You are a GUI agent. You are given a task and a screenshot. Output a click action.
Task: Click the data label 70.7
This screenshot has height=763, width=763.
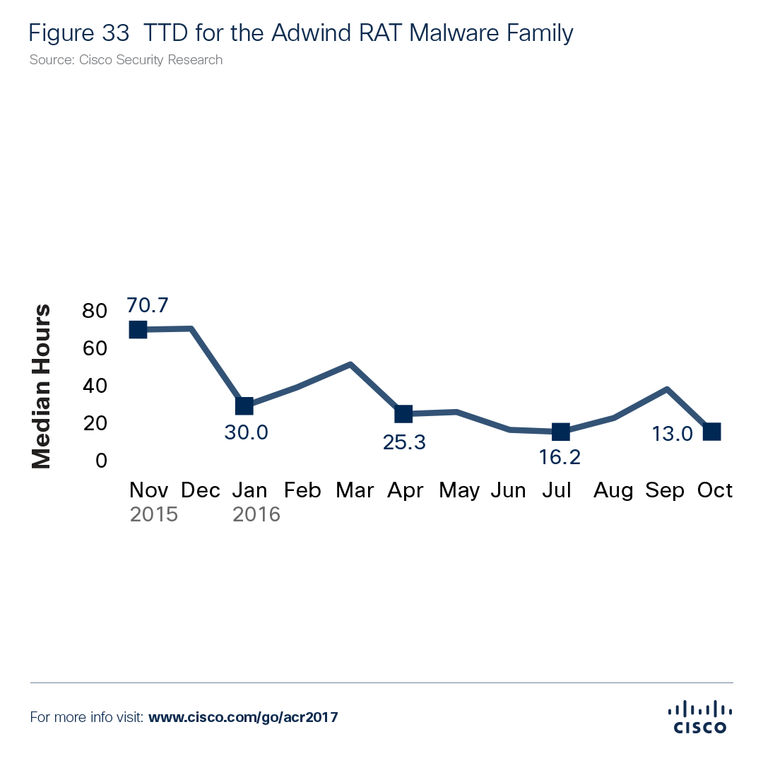[x=147, y=306]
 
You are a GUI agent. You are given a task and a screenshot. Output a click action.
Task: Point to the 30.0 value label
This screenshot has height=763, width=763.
[x=246, y=432]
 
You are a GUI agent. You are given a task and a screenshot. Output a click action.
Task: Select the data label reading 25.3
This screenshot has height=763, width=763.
[x=404, y=442]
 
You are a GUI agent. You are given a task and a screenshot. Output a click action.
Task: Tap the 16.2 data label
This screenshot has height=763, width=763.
[x=560, y=457]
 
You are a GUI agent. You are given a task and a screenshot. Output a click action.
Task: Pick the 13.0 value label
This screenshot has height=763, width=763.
[x=672, y=434]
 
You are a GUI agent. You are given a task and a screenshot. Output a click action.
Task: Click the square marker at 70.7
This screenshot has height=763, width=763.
[x=138, y=329]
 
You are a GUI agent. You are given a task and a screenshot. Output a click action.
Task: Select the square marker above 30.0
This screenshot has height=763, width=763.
[x=244, y=406]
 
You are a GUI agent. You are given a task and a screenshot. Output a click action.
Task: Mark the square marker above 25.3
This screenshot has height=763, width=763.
[x=403, y=413]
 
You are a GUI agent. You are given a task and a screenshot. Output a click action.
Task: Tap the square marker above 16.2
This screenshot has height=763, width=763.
[x=561, y=432]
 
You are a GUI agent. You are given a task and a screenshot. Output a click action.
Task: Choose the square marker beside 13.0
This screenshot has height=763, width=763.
[x=712, y=432]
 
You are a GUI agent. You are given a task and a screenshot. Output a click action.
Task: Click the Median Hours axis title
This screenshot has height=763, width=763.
[x=42, y=386]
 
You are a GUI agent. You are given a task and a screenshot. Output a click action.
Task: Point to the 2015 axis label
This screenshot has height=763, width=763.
[x=153, y=514]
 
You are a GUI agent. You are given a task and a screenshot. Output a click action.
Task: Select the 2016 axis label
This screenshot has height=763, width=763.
[x=256, y=514]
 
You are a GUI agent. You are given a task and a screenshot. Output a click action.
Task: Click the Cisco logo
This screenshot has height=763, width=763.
[x=699, y=716]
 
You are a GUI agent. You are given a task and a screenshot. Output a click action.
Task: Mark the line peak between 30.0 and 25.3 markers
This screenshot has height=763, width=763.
[x=350, y=364]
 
